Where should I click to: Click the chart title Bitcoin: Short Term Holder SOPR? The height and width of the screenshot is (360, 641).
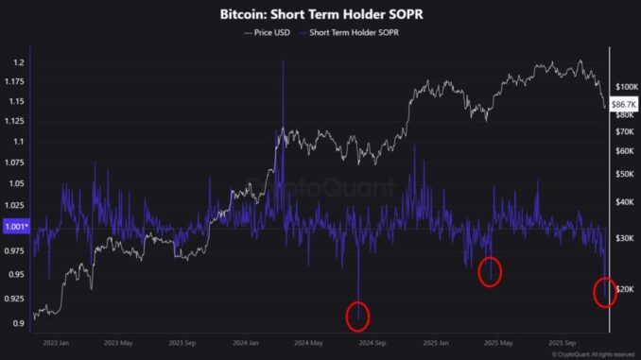coord(320,16)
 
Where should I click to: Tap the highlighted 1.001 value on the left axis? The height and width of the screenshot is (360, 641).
coord(15,227)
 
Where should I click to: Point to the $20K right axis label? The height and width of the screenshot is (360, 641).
coord(625,287)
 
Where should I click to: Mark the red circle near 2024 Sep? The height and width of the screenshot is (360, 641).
coord(357,316)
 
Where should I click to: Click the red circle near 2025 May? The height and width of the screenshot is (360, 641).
coord(489,272)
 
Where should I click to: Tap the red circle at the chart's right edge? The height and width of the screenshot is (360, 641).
coord(605,292)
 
